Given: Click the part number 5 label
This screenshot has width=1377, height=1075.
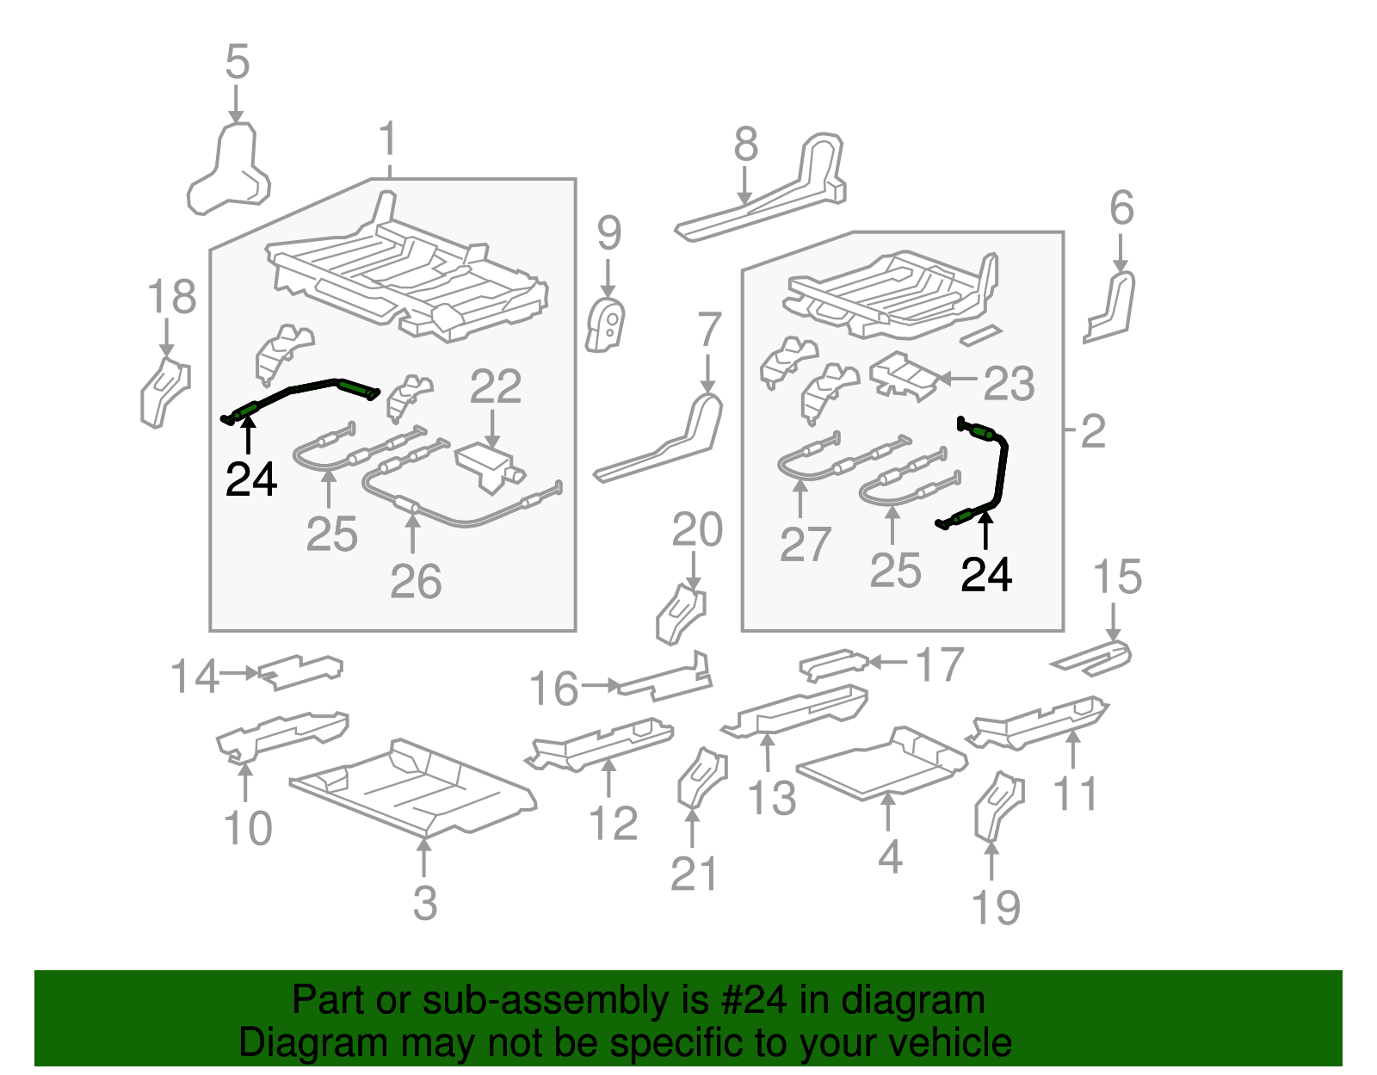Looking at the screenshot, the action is tap(238, 62).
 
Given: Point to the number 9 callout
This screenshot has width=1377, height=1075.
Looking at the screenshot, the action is tap(609, 232).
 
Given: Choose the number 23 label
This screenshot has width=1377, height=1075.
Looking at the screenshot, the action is tap(1009, 383).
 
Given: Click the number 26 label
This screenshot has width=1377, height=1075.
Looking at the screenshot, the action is tap(416, 581).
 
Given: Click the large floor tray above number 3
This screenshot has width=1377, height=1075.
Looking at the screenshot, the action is tap(413, 787).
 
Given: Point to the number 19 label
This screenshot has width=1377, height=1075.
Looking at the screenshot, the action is tap(996, 908).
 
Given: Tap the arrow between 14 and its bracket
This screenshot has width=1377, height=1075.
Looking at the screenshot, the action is tap(239, 673).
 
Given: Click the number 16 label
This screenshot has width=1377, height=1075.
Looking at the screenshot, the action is tap(553, 689).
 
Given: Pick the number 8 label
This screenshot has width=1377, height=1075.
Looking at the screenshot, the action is tap(746, 145).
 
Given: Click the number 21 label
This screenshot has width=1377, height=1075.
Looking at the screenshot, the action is tap(694, 874).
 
